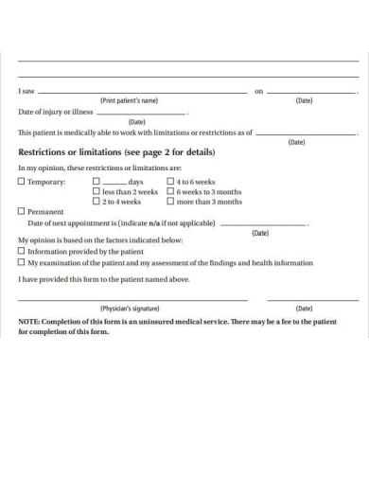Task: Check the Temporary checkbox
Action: tap(22, 182)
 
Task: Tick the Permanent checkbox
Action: tap(22, 211)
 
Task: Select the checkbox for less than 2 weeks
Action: tap(97, 191)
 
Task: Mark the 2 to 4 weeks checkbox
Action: tap(97, 202)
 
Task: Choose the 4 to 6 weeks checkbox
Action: tap(170, 181)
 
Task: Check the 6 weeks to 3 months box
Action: tap(170, 191)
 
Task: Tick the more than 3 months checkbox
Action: tap(170, 202)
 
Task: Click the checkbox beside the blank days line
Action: tap(97, 181)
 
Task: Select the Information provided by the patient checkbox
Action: tap(22, 252)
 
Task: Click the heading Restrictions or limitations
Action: tap(116, 152)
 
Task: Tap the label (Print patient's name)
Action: tap(130, 100)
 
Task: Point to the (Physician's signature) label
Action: tap(130, 309)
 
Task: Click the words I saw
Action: tap(27, 91)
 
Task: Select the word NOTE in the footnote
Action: tap(29, 322)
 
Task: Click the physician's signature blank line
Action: tap(132, 299)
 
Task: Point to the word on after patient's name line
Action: tap(258, 92)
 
